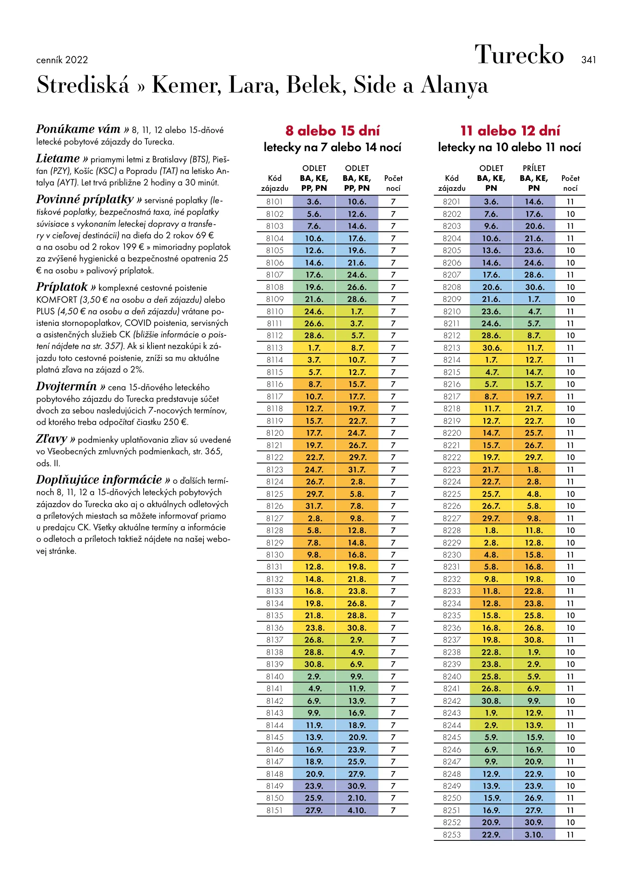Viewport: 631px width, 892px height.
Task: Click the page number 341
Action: (x=588, y=60)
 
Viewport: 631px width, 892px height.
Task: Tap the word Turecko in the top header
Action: (x=519, y=55)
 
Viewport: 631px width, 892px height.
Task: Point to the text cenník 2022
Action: (x=62, y=60)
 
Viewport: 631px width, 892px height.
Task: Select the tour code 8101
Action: (x=274, y=202)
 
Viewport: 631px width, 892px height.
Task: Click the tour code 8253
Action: (x=451, y=835)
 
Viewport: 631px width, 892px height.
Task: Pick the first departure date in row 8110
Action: (x=314, y=311)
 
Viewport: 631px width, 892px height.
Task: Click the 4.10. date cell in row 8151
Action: (x=357, y=810)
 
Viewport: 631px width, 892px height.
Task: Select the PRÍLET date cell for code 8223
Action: (x=534, y=470)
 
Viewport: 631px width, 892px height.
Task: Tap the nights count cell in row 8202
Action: (x=570, y=214)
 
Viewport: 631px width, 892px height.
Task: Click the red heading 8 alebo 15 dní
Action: (x=332, y=131)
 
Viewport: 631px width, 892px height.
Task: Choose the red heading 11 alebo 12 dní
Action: (x=510, y=131)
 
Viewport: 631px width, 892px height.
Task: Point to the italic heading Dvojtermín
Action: (x=66, y=387)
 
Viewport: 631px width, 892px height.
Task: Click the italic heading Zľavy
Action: (x=52, y=439)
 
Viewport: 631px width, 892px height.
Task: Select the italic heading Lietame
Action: (x=58, y=159)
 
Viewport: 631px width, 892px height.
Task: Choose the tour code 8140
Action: (x=274, y=676)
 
